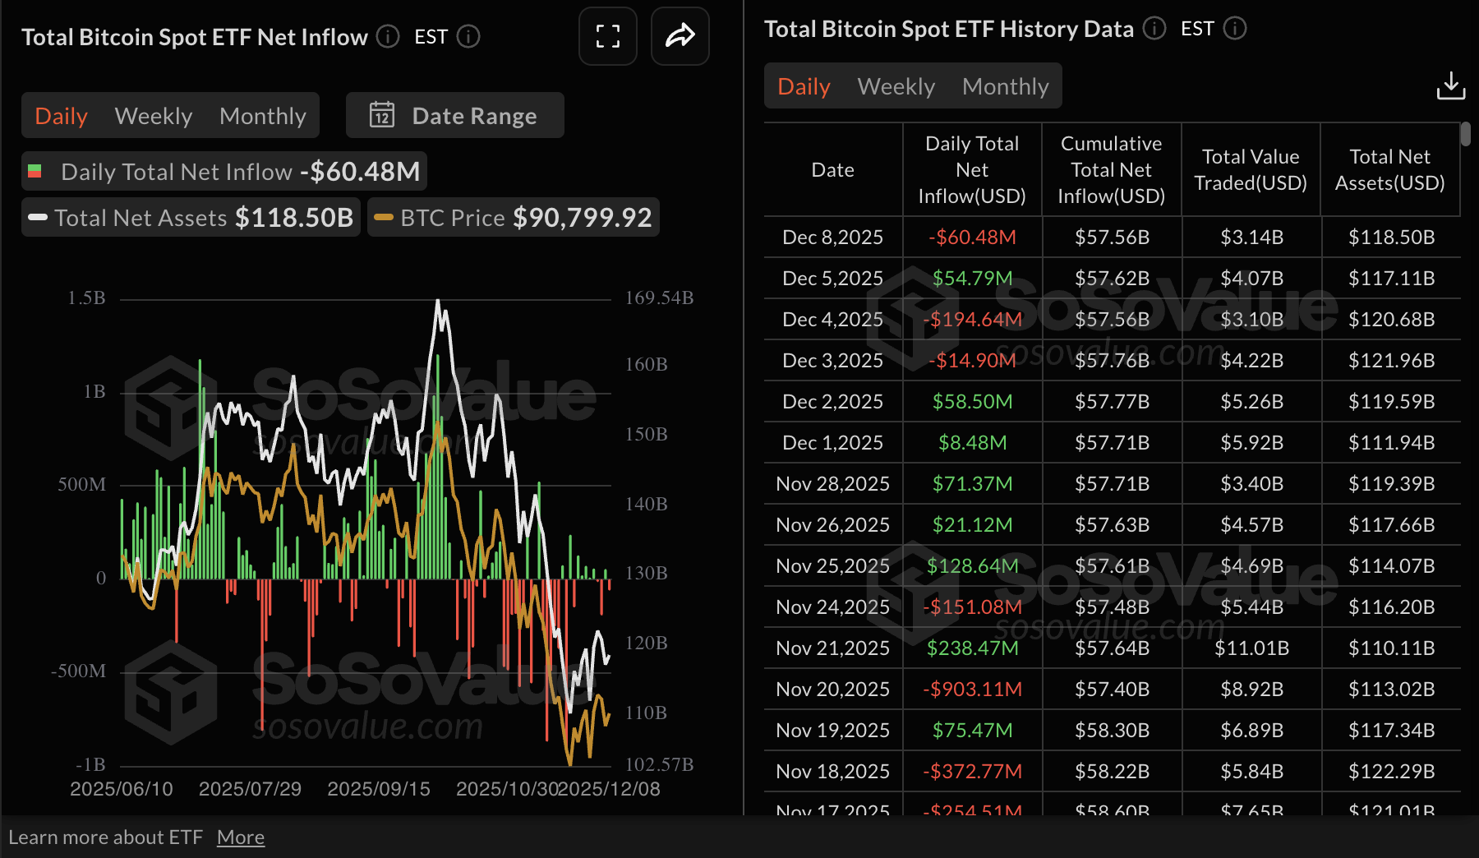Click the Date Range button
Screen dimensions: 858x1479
click(454, 116)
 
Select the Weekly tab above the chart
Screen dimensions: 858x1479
click(154, 116)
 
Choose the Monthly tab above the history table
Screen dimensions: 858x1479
click(1005, 86)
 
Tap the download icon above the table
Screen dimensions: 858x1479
click(1450, 85)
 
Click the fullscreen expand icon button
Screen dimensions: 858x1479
click(607, 36)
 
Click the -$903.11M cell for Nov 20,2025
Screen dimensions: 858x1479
click(972, 689)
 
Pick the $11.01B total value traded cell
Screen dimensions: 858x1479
click(1251, 648)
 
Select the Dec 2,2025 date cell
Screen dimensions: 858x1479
click(832, 401)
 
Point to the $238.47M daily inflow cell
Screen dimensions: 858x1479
click(972, 648)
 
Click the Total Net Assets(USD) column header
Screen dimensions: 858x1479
click(1389, 169)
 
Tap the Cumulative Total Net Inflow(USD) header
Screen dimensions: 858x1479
click(1111, 169)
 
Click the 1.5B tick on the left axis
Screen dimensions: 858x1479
click(86, 298)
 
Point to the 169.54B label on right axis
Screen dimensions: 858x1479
click(659, 298)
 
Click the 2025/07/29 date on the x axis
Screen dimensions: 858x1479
click(250, 789)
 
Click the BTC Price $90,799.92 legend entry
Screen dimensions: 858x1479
click(514, 218)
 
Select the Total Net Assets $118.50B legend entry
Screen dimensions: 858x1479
click(191, 218)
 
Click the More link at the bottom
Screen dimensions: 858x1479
click(241, 837)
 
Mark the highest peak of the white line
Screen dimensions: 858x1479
click(438, 301)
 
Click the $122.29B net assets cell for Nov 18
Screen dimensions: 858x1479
click(1390, 771)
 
